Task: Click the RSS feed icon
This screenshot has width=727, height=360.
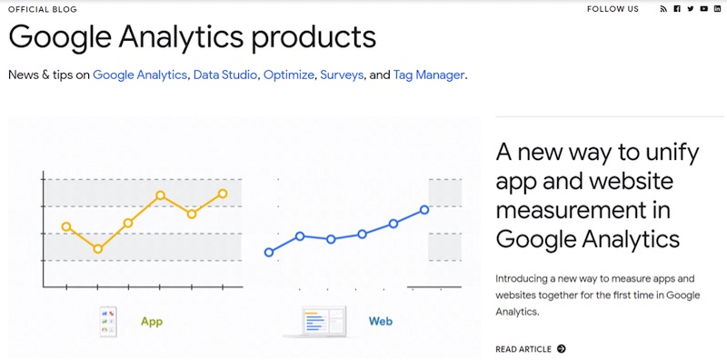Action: pyautogui.click(x=663, y=9)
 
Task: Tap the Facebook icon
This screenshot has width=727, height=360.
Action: pyautogui.click(x=677, y=9)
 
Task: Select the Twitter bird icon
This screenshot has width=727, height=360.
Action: pyautogui.click(x=691, y=9)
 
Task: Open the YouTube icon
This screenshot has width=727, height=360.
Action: pyautogui.click(x=704, y=9)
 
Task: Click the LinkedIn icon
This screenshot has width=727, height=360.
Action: pyautogui.click(x=717, y=9)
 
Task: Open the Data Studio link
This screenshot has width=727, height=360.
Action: pyautogui.click(x=225, y=75)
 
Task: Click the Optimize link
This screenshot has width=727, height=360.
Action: pyautogui.click(x=289, y=75)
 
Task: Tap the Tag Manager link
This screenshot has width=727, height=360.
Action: pyautogui.click(x=429, y=75)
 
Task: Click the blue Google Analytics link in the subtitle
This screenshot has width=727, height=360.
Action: pyautogui.click(x=141, y=75)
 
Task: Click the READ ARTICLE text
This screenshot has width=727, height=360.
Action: pyautogui.click(x=523, y=349)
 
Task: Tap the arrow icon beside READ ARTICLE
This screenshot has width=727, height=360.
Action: pyautogui.click(x=562, y=349)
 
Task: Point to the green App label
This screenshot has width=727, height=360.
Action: pyautogui.click(x=151, y=322)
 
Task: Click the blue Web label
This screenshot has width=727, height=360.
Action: pyautogui.click(x=380, y=322)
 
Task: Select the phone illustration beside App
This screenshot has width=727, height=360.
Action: pyautogui.click(x=110, y=321)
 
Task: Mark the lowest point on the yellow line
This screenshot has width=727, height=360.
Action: pyautogui.click(x=98, y=249)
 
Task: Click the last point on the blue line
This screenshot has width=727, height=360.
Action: pyautogui.click(x=424, y=210)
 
